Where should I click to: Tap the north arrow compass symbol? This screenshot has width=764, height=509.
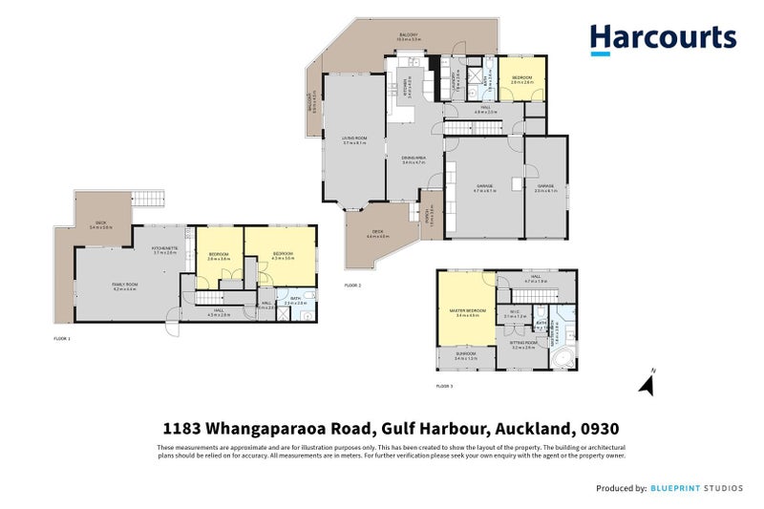pyautogui.click(x=646, y=384)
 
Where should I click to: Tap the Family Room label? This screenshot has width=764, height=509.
pyautogui.click(x=126, y=286)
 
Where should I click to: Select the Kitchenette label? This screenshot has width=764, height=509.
pyautogui.click(x=164, y=250)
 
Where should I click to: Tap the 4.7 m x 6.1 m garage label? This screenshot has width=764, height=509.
pyautogui.click(x=485, y=189)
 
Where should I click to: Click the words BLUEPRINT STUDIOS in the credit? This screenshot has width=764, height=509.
pyautogui.click(x=698, y=489)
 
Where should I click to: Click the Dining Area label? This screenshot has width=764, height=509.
pyautogui.click(x=413, y=159)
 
